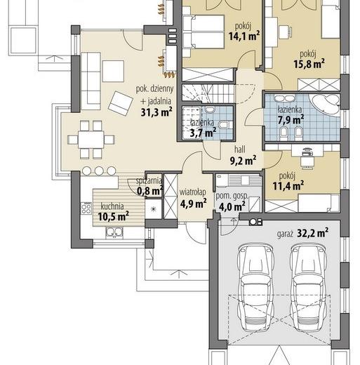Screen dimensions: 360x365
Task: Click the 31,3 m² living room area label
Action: click(x=156, y=112)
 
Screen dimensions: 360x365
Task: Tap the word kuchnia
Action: click(x=112, y=206)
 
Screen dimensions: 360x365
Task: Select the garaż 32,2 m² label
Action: click(x=302, y=233)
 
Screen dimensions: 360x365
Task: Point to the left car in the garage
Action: click(x=255, y=286)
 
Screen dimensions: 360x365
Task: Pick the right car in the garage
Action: click(x=309, y=286)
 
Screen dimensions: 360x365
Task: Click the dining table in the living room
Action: click(x=91, y=140)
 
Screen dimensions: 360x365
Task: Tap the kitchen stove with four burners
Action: click(x=86, y=208)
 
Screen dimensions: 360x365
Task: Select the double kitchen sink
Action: click(x=114, y=232)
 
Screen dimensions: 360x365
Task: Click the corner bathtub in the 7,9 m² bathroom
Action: click(x=326, y=104)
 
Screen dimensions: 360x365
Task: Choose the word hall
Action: click(x=240, y=149)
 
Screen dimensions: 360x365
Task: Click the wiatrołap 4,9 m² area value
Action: click(x=193, y=203)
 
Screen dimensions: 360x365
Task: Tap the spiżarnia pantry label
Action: click(x=149, y=180)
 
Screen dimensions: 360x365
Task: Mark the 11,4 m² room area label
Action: click(x=288, y=186)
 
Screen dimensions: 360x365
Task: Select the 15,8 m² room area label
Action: click(x=309, y=64)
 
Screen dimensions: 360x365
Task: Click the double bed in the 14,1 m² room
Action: click(x=204, y=32)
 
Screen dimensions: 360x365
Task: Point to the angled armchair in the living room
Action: click(x=121, y=104)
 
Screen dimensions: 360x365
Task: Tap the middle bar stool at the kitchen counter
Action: click(x=99, y=171)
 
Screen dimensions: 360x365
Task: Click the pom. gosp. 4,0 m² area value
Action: click(x=232, y=206)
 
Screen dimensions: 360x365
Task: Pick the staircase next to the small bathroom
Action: click(x=208, y=93)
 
